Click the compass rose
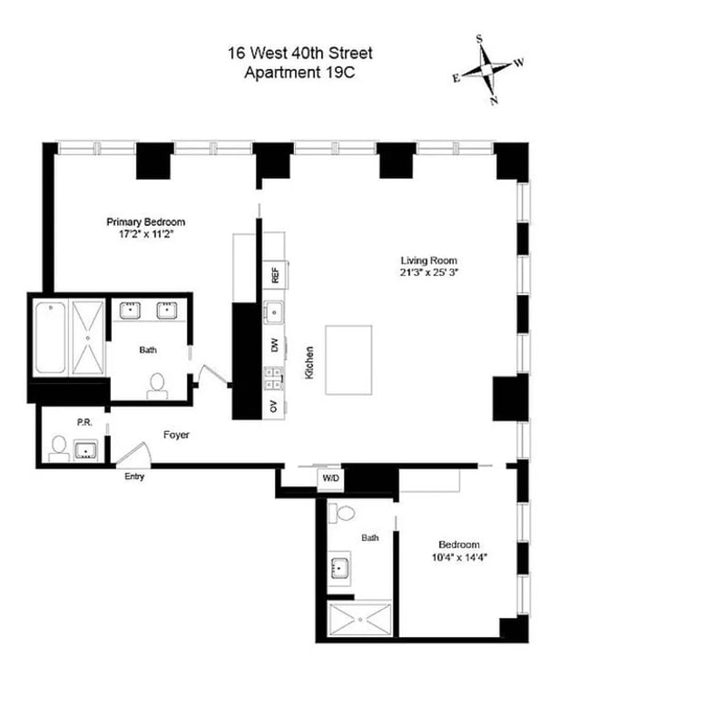pos(487,70)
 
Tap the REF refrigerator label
pos(276,275)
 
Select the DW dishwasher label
pos(275,345)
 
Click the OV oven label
pos(274,406)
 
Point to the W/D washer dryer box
pos(330,478)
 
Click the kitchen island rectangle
pos(348,359)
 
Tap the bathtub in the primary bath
pos(51,337)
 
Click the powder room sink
pos(85,450)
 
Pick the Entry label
pos(134,476)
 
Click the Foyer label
pos(176,435)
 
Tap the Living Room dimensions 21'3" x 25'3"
pos(428,272)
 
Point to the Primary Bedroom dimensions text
pos(145,234)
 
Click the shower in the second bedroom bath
pos(359,619)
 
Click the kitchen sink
pos(274,311)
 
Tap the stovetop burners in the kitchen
pos(274,378)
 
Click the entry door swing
pos(135,453)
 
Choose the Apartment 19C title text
pos(299,73)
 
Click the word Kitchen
pos(309,362)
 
